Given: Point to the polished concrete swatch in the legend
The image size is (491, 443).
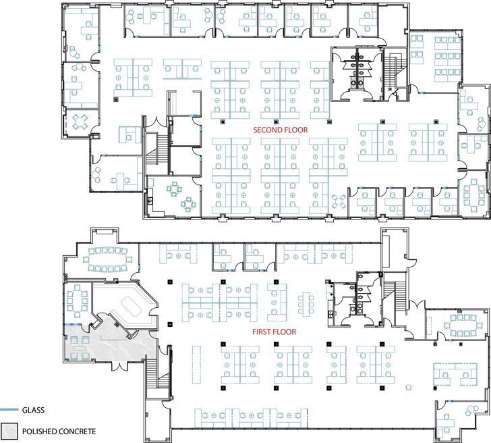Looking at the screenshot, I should click(9, 431).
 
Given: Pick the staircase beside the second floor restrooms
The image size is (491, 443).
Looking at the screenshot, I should click(391, 74).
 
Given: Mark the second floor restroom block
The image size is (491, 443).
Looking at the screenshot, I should click(356, 71).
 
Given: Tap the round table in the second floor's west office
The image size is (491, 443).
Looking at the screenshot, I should click(80, 121).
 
